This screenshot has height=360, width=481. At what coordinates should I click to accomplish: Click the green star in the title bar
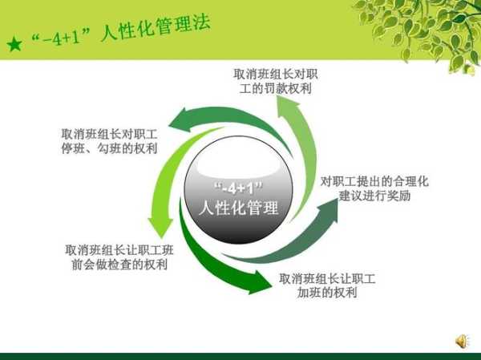[x=14, y=44]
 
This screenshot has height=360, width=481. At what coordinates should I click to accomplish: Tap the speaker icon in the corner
[x=462, y=342]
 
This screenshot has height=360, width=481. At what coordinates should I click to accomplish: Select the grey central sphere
[x=238, y=190]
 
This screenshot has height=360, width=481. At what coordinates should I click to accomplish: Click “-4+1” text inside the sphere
[x=239, y=188]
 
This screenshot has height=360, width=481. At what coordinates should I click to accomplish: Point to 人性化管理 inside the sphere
[x=239, y=208]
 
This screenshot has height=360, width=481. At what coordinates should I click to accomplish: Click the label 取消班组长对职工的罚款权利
[x=276, y=81]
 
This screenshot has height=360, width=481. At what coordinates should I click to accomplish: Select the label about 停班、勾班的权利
[x=110, y=141]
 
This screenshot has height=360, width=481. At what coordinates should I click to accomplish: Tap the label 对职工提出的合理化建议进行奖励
[x=374, y=188]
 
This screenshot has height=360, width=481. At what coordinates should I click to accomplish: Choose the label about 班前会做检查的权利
[x=119, y=257]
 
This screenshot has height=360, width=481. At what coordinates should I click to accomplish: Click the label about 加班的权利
[x=327, y=285]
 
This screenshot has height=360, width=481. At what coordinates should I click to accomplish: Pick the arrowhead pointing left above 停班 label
[x=180, y=120]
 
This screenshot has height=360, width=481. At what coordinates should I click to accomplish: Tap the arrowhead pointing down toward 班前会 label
[x=161, y=227]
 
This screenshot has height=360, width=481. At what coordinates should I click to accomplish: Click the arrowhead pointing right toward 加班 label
[x=260, y=281]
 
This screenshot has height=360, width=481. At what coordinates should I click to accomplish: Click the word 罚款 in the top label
[x=275, y=89]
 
